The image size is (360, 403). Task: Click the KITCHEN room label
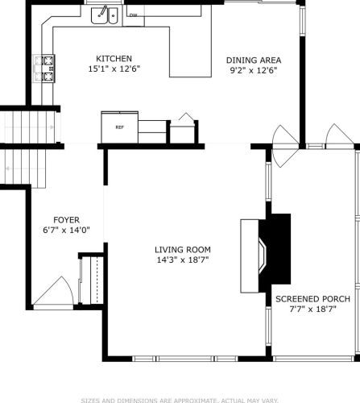point(114,59)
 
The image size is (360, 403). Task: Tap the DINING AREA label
point(254,60)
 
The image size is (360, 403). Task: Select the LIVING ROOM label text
point(183,250)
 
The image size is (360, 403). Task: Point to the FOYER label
point(66,220)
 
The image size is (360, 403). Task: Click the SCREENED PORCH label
point(312,299)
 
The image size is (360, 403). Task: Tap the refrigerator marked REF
point(120,127)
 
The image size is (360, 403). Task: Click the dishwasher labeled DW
point(134,15)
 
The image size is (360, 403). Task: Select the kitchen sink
point(105,15)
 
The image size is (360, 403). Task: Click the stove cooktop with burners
point(44,69)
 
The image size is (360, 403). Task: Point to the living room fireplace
point(266,256)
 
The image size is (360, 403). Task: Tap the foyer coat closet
point(91,280)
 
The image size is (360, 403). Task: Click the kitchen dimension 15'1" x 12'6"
point(114,69)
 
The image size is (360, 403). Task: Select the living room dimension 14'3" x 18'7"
point(183,260)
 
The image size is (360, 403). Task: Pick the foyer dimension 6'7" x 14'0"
point(66,231)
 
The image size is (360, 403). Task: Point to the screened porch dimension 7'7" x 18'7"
point(312,309)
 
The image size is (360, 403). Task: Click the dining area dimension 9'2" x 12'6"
point(254,70)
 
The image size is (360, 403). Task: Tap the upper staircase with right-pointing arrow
point(30,127)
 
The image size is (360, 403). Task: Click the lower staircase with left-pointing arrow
point(23,168)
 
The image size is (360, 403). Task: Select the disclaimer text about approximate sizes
point(180,401)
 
